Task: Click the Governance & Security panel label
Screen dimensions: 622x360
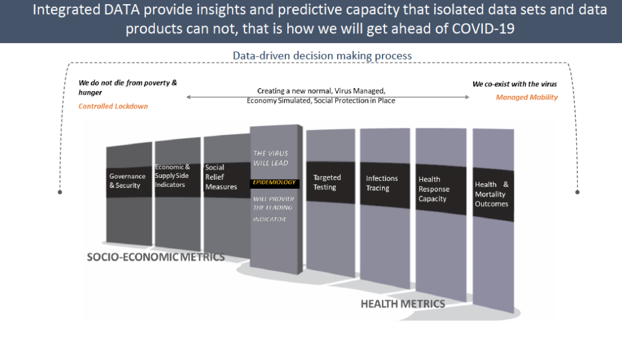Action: pos(128,181)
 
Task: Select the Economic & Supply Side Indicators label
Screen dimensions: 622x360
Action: pos(172,175)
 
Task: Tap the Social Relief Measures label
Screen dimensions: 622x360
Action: pos(221,177)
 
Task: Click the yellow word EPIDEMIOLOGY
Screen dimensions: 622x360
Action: pos(274,182)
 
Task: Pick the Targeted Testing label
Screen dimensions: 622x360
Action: pos(327,182)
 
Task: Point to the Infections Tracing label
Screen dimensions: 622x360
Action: pos(381,183)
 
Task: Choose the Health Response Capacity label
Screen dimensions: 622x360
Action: pos(434,189)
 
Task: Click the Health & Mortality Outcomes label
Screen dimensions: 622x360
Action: pos(491,194)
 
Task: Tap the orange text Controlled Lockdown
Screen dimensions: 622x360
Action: pos(113,106)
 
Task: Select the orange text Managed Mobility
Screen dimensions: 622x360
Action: pos(527,97)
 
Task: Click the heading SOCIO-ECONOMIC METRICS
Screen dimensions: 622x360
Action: pos(156,257)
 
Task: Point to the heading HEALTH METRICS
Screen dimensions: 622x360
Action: pos(403,304)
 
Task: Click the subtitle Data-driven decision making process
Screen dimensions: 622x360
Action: pos(322,56)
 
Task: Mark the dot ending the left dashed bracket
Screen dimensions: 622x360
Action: pos(60,192)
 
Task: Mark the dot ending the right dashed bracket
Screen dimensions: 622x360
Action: pos(577,192)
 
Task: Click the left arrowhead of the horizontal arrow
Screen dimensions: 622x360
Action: pos(189,97)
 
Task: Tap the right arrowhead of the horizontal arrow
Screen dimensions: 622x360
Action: pos(467,97)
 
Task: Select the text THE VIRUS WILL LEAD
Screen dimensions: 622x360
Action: pos(271,158)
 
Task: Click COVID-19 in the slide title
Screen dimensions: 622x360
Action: pos(483,29)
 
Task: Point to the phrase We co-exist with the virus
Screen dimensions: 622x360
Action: pos(514,84)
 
